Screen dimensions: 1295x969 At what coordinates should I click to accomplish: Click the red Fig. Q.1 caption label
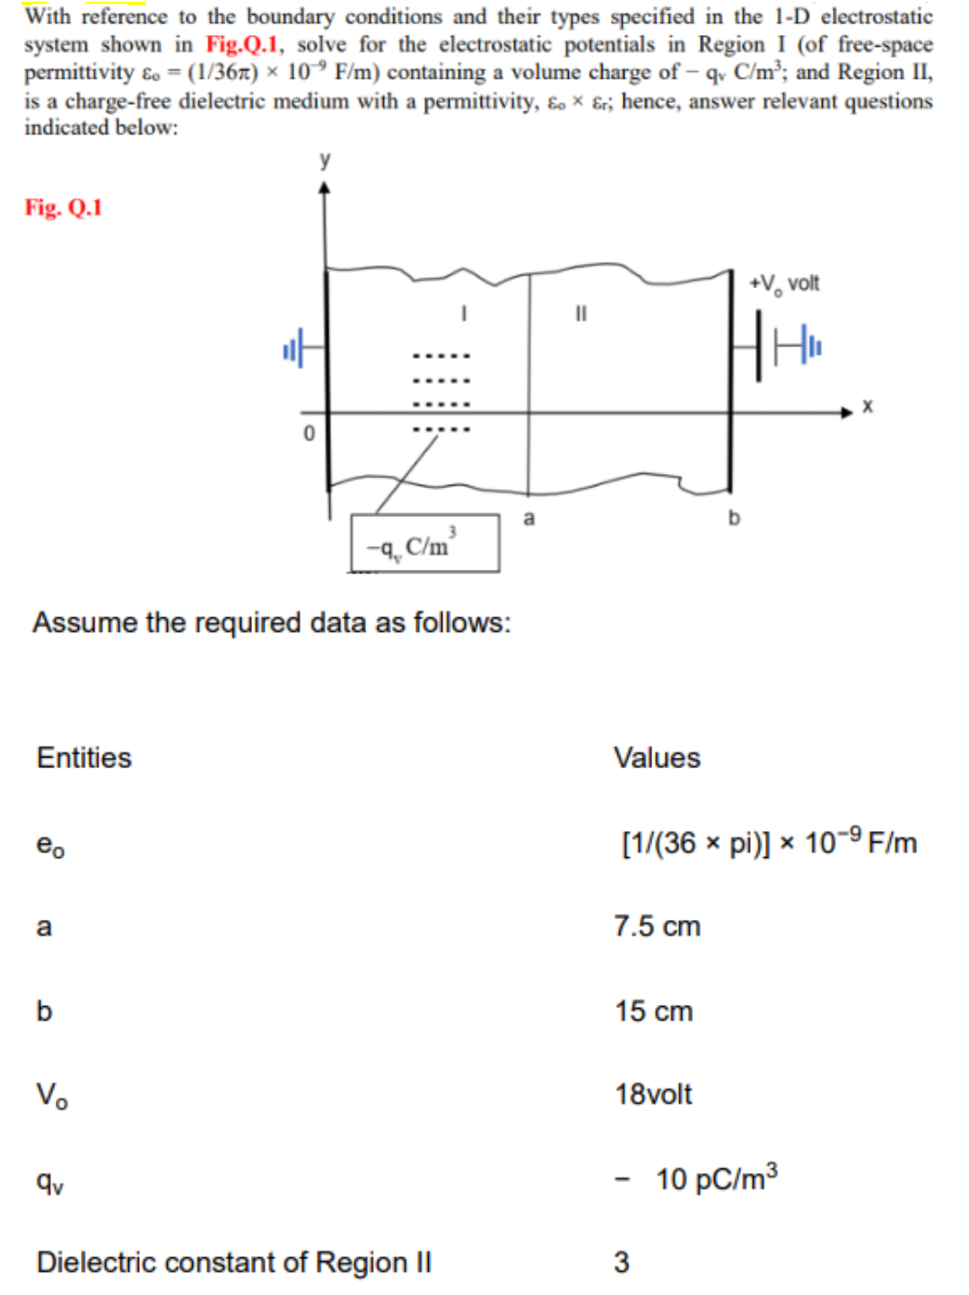tap(63, 208)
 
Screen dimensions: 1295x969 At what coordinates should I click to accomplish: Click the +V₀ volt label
tap(784, 284)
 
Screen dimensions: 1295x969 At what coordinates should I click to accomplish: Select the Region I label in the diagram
tap(463, 313)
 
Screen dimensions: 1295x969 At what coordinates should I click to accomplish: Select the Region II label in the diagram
tap(581, 313)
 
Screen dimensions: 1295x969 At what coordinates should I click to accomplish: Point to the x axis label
tap(868, 407)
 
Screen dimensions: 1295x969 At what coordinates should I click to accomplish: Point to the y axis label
tap(325, 160)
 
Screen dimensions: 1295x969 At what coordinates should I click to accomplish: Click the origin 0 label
tap(309, 433)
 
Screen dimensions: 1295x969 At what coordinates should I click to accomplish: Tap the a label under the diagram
tap(528, 518)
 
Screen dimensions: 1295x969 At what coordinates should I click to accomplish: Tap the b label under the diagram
tap(734, 518)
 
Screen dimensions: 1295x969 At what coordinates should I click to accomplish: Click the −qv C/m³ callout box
tap(424, 544)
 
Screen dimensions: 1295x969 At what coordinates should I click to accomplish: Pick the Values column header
tap(656, 757)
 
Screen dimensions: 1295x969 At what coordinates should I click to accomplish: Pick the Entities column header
tap(83, 757)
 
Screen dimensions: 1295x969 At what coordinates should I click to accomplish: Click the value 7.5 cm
tap(656, 926)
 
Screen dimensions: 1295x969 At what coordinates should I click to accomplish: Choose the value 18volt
tap(653, 1094)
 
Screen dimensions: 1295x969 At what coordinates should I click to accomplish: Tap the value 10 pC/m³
tap(715, 1178)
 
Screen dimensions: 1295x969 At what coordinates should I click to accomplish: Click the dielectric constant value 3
tap(621, 1262)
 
